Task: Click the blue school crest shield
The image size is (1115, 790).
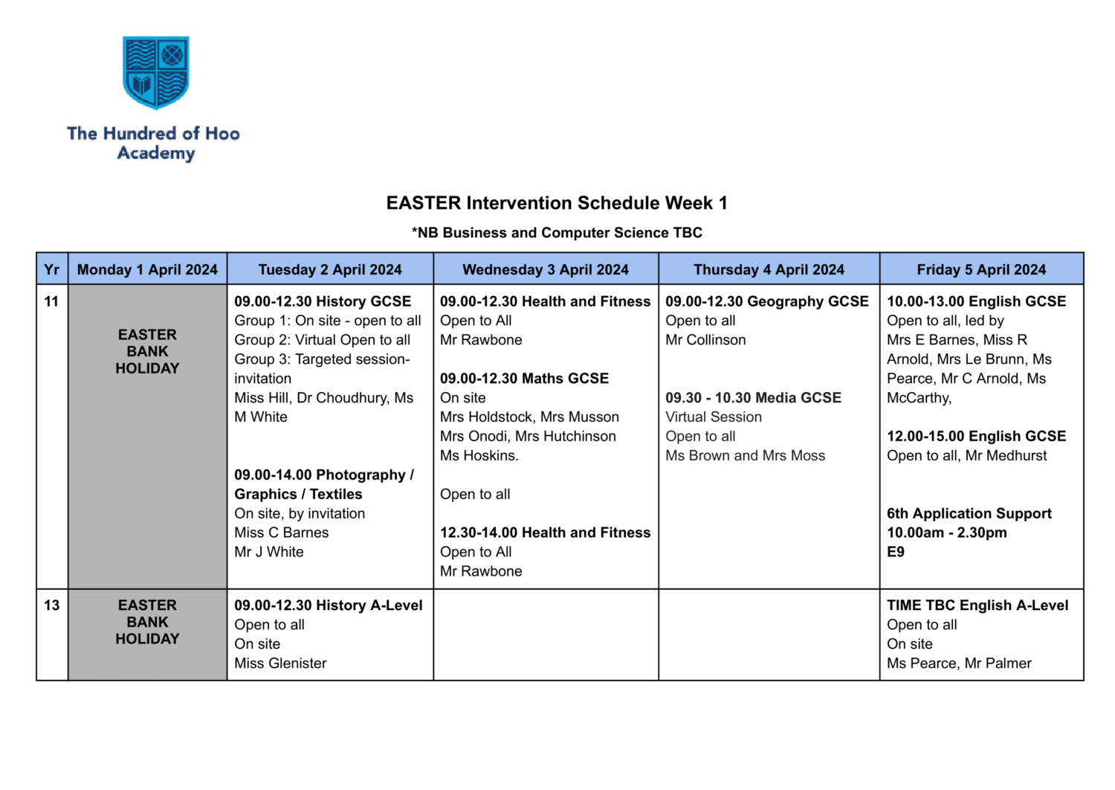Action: [x=156, y=72]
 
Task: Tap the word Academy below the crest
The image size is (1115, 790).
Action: [x=156, y=153]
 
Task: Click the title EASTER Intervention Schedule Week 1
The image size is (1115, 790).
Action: [x=557, y=203]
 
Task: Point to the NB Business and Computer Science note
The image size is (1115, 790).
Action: [x=557, y=233]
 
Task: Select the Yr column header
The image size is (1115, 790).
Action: [x=51, y=269]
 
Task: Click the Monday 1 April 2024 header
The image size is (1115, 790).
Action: [x=147, y=269]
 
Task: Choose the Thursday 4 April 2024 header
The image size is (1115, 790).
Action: [x=769, y=269]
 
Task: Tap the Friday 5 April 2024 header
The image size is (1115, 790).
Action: [x=981, y=269]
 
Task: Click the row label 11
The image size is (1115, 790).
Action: [x=51, y=301]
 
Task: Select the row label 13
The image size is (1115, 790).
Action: [x=51, y=606]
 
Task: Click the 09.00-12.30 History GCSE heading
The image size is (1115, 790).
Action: [x=323, y=301]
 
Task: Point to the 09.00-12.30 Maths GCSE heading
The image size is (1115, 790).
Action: [x=524, y=379]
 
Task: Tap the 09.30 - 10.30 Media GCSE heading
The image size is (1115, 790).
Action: [x=753, y=398]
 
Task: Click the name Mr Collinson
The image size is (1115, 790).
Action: [x=705, y=340]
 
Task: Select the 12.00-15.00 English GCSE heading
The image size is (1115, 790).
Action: [x=976, y=437]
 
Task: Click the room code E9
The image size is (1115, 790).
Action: [x=896, y=552]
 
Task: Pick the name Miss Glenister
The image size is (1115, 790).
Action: [x=280, y=664]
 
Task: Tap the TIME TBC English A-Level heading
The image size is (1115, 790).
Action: [x=977, y=606]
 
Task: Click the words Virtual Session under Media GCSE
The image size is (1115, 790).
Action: [x=714, y=417]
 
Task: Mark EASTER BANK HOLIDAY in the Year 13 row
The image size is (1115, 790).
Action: [x=147, y=622]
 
